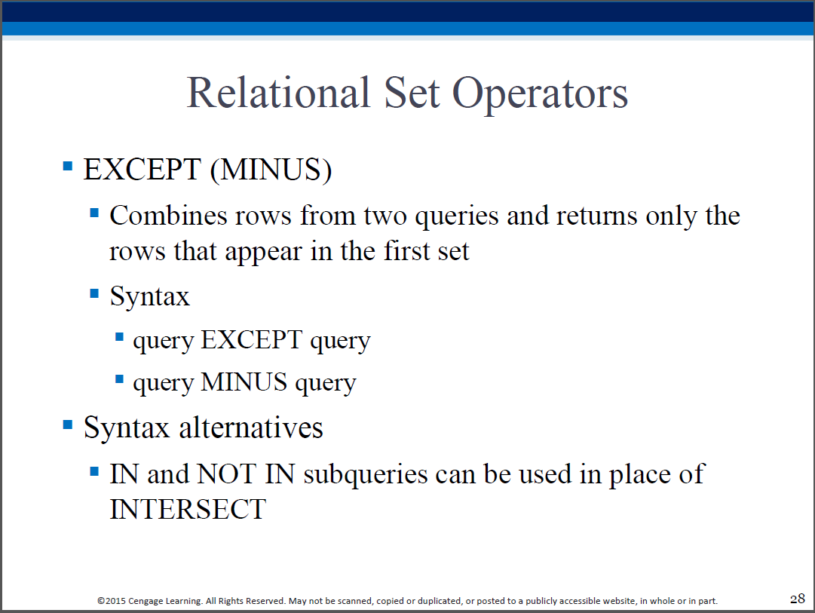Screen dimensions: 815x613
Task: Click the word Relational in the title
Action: click(x=278, y=93)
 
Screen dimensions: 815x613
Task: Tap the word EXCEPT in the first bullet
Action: click(x=142, y=170)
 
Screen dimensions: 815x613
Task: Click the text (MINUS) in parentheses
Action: click(x=271, y=170)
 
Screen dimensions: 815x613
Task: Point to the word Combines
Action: click(x=168, y=215)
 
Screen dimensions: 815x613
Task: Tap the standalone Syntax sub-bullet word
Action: click(x=150, y=297)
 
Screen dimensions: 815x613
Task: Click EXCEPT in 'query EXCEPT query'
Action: click(x=252, y=340)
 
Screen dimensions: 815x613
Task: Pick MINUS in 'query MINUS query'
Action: click(x=244, y=382)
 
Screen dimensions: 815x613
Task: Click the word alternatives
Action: click(x=251, y=428)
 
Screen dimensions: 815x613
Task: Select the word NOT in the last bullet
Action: click(x=227, y=474)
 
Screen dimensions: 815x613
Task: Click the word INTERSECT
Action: click(x=188, y=510)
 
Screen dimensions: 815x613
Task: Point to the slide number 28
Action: click(x=798, y=599)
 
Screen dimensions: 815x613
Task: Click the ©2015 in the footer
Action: click(x=112, y=601)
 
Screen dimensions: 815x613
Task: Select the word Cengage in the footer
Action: click(x=146, y=602)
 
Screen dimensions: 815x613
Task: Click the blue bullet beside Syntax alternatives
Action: click(x=68, y=425)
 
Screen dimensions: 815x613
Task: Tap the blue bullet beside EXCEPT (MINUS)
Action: click(x=68, y=166)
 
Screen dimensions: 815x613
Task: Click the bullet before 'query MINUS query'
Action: click(x=120, y=379)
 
